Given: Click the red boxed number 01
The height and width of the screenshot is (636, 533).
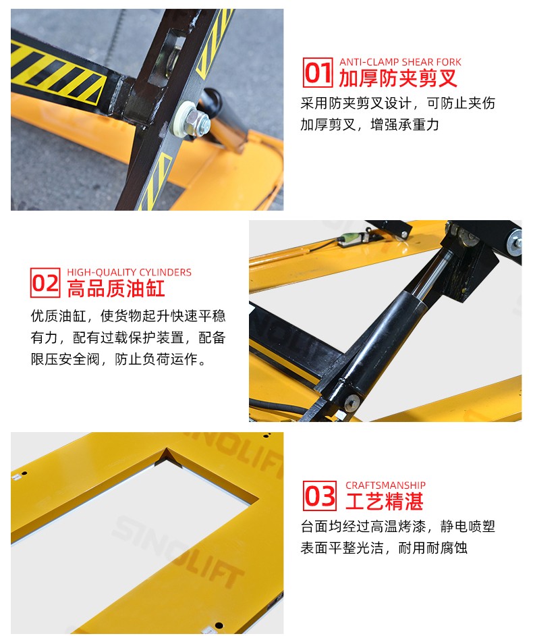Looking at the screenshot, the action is click(x=318, y=73).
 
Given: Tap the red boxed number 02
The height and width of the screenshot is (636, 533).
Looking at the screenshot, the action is click(x=45, y=283).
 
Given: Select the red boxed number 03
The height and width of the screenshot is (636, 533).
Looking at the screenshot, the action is click(x=320, y=496).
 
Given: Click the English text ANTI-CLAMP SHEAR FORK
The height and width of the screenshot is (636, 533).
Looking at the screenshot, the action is click(x=400, y=62).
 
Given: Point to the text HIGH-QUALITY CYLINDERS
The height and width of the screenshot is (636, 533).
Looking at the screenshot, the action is click(x=129, y=272).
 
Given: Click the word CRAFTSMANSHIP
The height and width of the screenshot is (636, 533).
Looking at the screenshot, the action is click(x=385, y=485).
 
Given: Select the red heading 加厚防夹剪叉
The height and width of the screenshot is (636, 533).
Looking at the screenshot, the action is click(x=398, y=78).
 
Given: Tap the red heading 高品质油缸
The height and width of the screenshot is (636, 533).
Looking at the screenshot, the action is click(x=116, y=288).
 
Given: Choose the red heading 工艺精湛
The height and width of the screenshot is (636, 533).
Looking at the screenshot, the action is click(x=385, y=502).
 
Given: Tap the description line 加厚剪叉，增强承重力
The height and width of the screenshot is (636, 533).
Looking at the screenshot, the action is click(x=369, y=124).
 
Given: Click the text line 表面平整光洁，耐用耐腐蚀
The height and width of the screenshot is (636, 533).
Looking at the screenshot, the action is click(x=384, y=548).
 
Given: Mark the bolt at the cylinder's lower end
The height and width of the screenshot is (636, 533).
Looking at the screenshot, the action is click(x=351, y=403).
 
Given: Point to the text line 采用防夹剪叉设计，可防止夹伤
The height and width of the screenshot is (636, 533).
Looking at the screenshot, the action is click(x=397, y=103).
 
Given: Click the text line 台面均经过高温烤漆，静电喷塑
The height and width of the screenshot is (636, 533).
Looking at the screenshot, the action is click(x=397, y=527).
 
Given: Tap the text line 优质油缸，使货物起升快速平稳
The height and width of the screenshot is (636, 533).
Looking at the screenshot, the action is click(x=128, y=316).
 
